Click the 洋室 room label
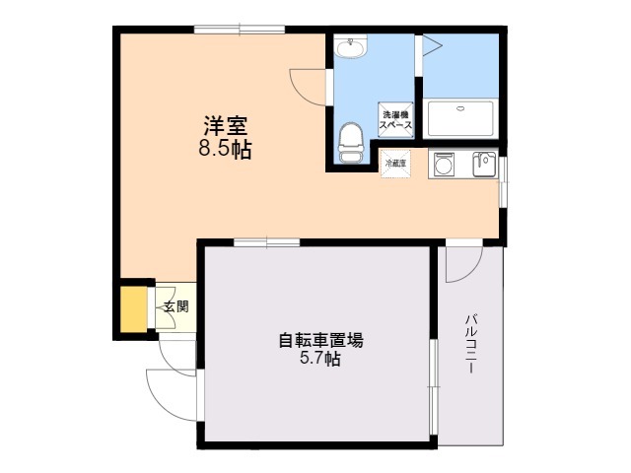[x=225, y=127]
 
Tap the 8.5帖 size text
[x=225, y=150]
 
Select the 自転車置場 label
[x=320, y=341]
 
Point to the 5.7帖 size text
[x=320, y=361]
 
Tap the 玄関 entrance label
[x=175, y=306]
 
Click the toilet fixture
[x=350, y=143]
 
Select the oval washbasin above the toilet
[x=350, y=46]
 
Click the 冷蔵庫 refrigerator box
[x=394, y=163]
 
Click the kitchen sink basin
[x=483, y=164]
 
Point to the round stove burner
[x=442, y=165]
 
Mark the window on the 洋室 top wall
[x=240, y=31]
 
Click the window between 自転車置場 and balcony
[x=432, y=386]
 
